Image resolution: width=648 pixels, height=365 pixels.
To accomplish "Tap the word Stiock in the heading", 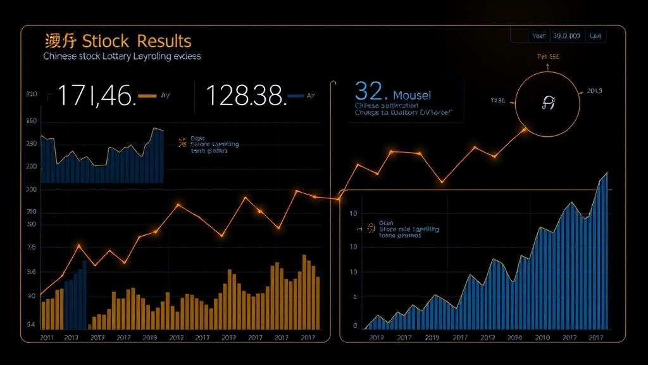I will pyautogui.click(x=106, y=42).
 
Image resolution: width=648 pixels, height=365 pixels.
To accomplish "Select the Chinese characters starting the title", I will pyautogui.click(x=61, y=42).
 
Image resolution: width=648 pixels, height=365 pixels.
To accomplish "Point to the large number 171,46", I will pyautogui.click(x=96, y=96).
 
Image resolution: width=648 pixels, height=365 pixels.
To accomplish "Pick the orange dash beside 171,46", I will pyautogui.click(x=146, y=96).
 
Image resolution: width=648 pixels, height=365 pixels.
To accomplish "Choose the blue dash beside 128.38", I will pyautogui.click(x=296, y=96).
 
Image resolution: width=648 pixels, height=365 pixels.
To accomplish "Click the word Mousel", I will pyautogui.click(x=412, y=95).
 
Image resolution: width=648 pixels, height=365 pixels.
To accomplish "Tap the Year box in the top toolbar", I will pyautogui.click(x=539, y=36).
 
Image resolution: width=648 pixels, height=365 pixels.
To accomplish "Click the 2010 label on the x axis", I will pyautogui.click(x=542, y=338).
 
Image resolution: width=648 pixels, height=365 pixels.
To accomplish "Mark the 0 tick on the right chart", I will pyautogui.click(x=355, y=326).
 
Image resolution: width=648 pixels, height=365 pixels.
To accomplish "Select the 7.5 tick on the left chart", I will pyautogui.click(x=32, y=248).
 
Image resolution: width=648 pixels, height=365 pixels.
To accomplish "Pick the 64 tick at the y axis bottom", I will pyautogui.click(x=31, y=324).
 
